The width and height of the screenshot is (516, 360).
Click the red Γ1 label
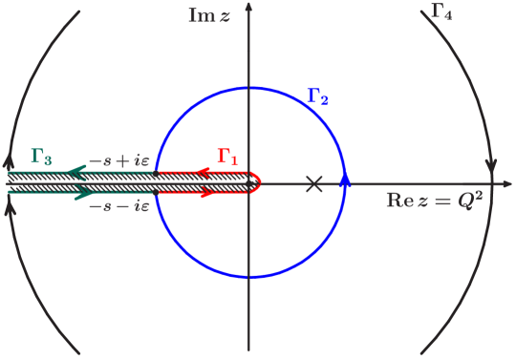(x=226, y=156)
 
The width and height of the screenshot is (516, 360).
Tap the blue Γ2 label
(x=318, y=95)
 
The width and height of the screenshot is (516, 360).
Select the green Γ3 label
(x=41, y=156)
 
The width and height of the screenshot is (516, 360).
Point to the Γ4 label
(x=441, y=12)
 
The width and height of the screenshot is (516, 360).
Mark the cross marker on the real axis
(x=313, y=183)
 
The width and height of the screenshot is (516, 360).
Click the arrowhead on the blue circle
(x=345, y=178)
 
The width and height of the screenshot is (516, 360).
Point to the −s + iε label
(x=118, y=161)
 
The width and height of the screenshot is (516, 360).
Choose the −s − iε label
(x=118, y=205)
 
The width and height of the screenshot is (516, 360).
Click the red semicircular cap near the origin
(x=258, y=182)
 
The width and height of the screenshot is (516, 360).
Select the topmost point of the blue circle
(x=250, y=88)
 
